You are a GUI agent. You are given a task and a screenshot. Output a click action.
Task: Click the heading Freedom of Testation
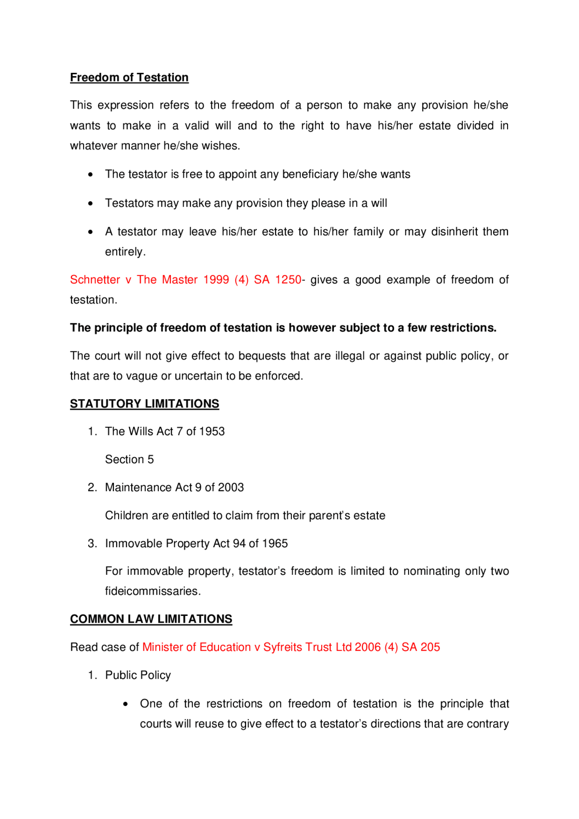129,77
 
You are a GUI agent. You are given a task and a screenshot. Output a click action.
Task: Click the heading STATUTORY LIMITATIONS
144,403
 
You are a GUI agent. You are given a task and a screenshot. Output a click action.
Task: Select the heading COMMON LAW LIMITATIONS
151,619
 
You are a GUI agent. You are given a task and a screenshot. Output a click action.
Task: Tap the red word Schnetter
95,279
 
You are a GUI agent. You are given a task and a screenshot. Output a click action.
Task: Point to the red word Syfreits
283,647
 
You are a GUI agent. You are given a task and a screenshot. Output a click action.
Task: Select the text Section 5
129,459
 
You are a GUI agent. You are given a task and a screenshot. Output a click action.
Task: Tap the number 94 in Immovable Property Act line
239,543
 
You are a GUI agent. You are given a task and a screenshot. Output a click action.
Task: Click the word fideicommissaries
152,591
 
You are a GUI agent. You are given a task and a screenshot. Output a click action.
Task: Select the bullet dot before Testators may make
91,204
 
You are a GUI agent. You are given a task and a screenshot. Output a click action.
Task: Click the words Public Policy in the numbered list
138,675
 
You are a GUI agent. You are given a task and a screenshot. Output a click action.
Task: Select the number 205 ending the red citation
430,647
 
